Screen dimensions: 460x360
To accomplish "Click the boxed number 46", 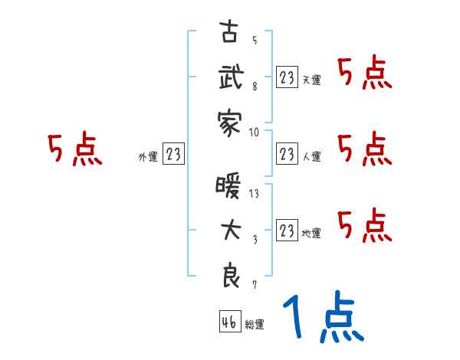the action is coord(228,323).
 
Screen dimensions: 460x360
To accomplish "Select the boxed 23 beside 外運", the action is coord(173,155).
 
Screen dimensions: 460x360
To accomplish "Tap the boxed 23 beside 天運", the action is coord(287,77).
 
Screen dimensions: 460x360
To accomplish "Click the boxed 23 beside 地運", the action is coord(287,228).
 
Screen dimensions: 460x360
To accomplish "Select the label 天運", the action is coord(311,80).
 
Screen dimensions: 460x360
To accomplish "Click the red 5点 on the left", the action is coord(75,149).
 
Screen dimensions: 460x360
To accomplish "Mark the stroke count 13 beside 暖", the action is coord(255,193).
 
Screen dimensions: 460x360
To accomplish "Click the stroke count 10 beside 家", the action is coord(255,131).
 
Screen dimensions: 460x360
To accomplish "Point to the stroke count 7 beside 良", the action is coord(255,285).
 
